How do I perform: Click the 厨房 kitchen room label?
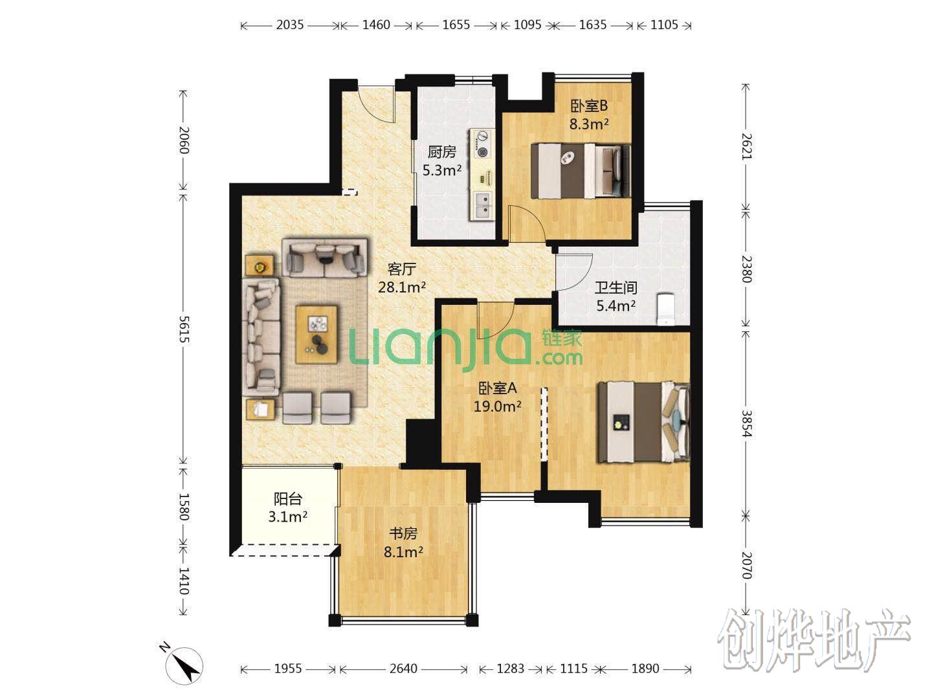441,151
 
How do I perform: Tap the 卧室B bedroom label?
588,105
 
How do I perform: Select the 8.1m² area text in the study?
403,551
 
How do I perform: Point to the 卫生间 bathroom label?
616,287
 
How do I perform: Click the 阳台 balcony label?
287,498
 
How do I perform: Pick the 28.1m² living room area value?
402,287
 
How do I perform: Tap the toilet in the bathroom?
665,309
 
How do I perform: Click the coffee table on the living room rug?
316,334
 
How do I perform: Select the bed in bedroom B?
581,171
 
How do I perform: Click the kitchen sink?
483,205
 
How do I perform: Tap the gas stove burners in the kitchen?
482,144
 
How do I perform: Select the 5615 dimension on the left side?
183,329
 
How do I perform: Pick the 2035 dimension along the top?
290,25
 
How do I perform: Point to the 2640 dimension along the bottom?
403,669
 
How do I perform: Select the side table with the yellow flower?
260,265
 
